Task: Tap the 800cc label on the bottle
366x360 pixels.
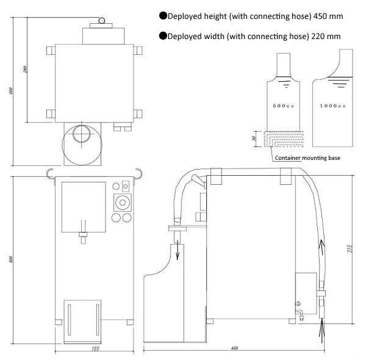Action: (x=284, y=106)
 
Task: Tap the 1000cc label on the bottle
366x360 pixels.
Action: (x=332, y=106)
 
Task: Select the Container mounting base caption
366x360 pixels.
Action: (x=307, y=158)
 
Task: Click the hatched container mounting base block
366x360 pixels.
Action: (x=284, y=139)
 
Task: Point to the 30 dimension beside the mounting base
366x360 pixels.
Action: (x=254, y=139)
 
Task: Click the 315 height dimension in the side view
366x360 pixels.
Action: (x=350, y=248)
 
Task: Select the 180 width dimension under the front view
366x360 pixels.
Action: (x=95, y=348)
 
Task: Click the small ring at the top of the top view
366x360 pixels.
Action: (x=102, y=21)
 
